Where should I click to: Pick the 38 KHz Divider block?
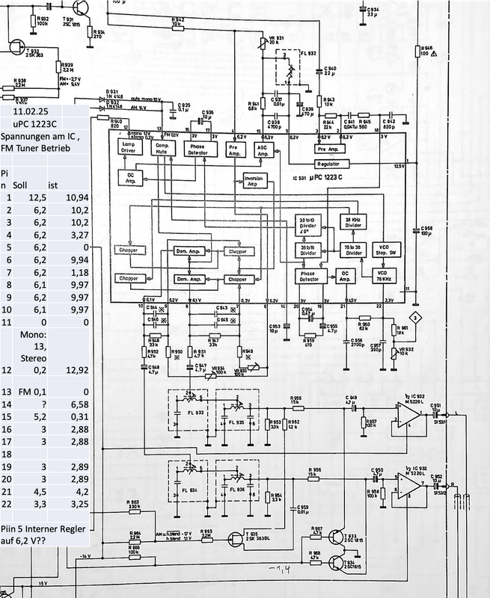pos(352,222)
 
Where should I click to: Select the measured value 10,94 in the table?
pos(70,197)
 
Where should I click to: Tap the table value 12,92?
pos(70,369)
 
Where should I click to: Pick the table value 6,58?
pos(70,404)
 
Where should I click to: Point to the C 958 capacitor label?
pos(426,225)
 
